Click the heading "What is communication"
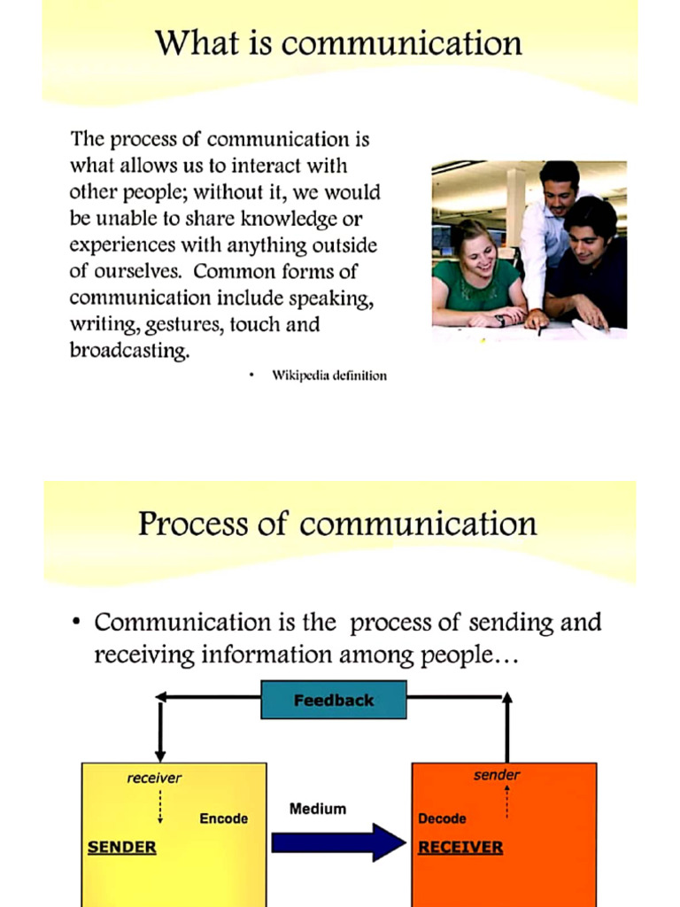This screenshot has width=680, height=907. [339, 43]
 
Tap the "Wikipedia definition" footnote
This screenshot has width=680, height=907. [328, 376]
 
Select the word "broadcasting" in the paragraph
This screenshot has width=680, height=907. [129, 350]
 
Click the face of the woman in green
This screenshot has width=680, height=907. [478, 253]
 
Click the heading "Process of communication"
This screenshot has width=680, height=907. [337, 523]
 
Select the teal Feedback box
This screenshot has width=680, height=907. [334, 700]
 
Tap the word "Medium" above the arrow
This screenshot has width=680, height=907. [318, 809]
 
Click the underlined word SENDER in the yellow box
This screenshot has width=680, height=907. [122, 847]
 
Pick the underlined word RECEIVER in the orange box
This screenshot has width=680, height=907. [460, 847]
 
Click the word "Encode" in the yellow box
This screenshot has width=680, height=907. [223, 818]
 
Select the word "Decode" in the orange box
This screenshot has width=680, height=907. [442, 818]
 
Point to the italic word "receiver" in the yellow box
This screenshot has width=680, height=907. [154, 778]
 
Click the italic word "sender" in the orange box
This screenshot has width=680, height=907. [497, 775]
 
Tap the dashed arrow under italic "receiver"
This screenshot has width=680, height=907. [160, 806]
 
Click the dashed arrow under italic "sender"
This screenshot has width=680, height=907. [506, 802]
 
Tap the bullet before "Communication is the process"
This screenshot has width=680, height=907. [76, 623]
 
